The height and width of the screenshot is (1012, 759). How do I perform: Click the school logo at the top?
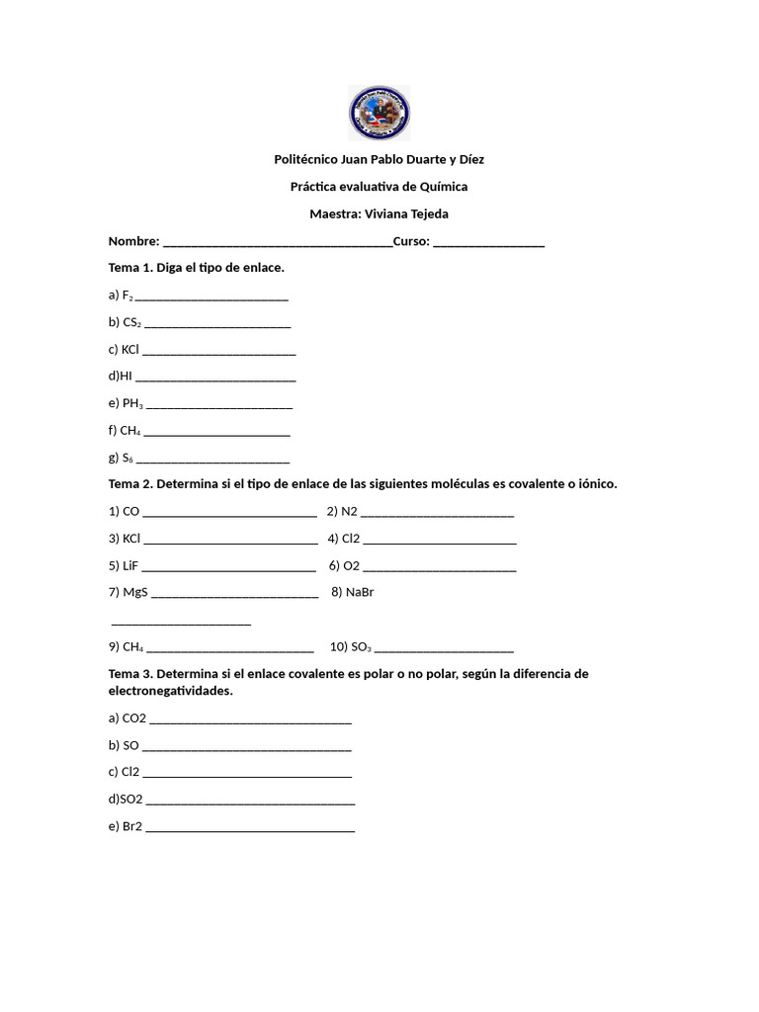(x=379, y=113)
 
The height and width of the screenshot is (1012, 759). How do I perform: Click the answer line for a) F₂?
(x=211, y=296)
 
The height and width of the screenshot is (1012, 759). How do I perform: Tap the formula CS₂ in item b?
(x=131, y=322)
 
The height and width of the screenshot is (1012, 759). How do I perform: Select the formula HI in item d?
(x=126, y=376)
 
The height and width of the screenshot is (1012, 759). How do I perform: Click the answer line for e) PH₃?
(x=218, y=404)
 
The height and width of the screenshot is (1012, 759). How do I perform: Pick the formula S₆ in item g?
(x=127, y=458)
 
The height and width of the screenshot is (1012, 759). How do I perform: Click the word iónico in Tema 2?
(x=597, y=484)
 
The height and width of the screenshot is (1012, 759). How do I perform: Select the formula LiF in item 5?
(x=129, y=566)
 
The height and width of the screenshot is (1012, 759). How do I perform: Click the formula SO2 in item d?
(x=131, y=799)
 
